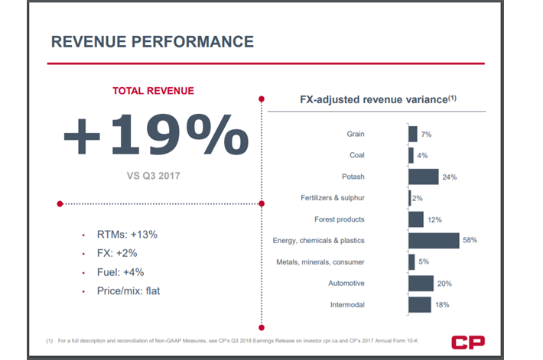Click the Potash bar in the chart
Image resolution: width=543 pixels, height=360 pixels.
[423, 177]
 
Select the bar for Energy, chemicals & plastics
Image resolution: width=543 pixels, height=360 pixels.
[434, 241]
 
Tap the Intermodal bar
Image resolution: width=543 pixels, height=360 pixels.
[419, 304]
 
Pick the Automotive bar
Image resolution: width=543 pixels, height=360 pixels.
[420, 284]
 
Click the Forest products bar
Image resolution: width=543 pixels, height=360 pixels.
[415, 219]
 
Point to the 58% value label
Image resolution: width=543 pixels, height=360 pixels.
[470, 240]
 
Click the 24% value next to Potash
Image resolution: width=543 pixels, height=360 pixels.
[449, 177]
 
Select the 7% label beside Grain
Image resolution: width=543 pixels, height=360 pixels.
[425, 135]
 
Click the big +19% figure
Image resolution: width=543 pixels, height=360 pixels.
[155, 135]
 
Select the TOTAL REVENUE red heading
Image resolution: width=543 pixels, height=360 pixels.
[153, 90]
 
